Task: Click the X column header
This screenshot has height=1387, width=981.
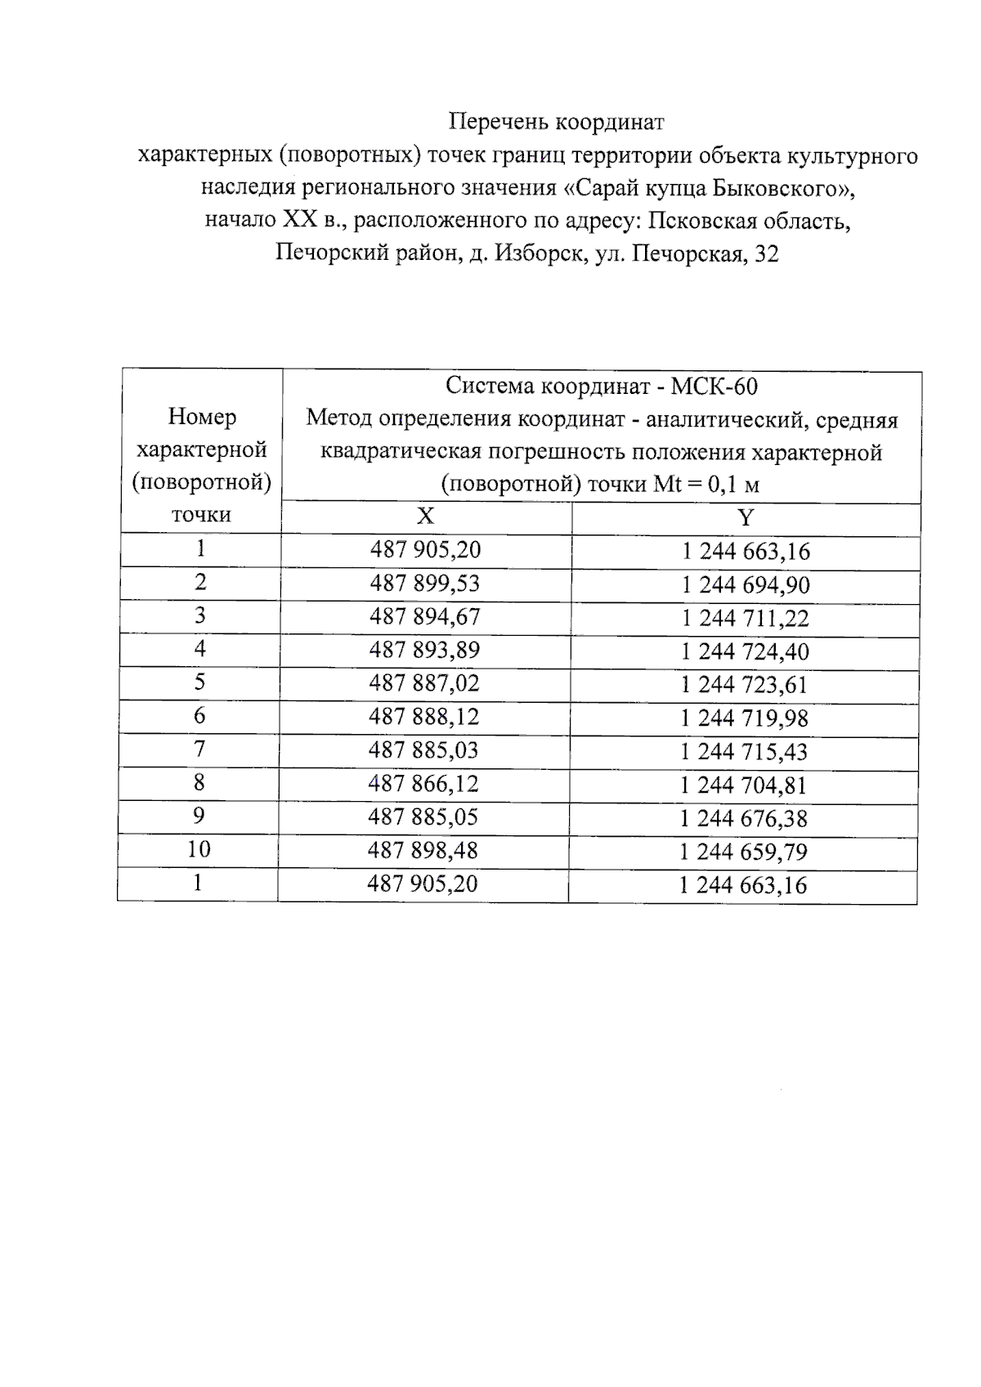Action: (x=425, y=517)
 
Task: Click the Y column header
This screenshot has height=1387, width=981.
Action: (x=746, y=518)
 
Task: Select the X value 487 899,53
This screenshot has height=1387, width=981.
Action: (x=424, y=584)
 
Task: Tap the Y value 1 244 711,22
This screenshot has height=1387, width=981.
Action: (x=746, y=619)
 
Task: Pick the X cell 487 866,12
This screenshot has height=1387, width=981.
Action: (x=423, y=784)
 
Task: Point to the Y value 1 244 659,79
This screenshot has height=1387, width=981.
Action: (x=743, y=852)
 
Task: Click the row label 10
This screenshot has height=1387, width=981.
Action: (x=199, y=849)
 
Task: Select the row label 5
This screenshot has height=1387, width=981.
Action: (x=199, y=682)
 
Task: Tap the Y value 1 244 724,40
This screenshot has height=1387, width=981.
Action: (x=746, y=652)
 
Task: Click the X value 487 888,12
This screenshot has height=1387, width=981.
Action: (x=423, y=717)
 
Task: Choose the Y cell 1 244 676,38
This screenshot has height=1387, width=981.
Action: (x=744, y=819)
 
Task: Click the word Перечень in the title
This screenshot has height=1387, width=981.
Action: (x=498, y=123)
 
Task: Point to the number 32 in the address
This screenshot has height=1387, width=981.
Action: (x=767, y=254)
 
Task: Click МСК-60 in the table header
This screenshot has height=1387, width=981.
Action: (x=714, y=386)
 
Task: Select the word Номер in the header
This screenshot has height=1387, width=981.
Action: (x=202, y=417)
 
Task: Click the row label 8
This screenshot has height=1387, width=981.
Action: (x=199, y=782)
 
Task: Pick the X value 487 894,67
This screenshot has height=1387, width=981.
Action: (x=424, y=617)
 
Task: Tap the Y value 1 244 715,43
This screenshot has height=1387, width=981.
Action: (x=744, y=752)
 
